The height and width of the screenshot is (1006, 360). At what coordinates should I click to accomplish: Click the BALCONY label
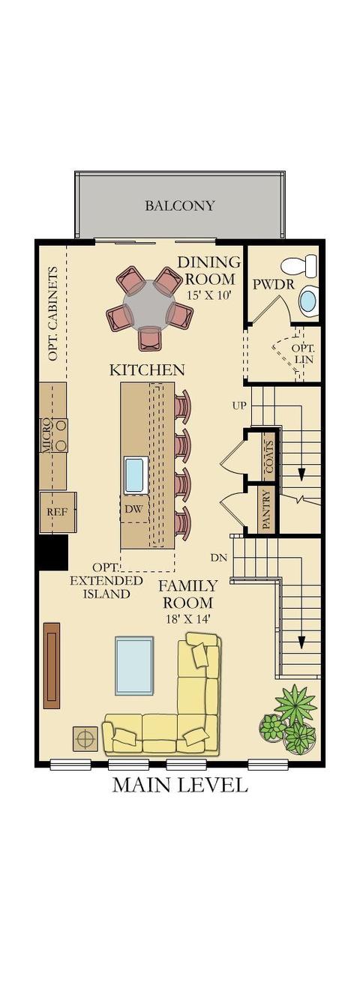tap(180, 205)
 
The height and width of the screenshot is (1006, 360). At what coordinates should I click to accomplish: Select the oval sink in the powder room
tap(307, 301)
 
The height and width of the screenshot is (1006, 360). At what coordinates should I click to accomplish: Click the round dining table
tap(149, 304)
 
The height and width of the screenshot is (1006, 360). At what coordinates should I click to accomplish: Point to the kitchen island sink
tap(136, 475)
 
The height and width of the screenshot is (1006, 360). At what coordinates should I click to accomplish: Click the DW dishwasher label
tap(134, 509)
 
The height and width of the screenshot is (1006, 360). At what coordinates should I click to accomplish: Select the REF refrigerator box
tap(58, 513)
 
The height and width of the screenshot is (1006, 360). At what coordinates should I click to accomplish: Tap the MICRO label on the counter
tap(46, 436)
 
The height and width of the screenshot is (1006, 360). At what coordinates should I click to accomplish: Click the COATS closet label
tap(269, 457)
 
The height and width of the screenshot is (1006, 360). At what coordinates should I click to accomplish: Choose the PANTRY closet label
tap(266, 510)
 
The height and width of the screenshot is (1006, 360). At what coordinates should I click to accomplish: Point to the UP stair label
tap(239, 406)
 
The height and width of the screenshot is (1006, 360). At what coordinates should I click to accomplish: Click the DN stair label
tap(219, 558)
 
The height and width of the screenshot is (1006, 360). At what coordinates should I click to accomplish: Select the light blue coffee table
tap(134, 666)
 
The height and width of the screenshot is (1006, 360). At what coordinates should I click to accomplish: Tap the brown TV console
tap(52, 665)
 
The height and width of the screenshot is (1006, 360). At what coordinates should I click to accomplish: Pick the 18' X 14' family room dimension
tap(188, 619)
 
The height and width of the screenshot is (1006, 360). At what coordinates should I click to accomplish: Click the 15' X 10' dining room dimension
tap(208, 295)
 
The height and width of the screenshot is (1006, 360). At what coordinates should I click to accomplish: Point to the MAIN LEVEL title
tap(180, 784)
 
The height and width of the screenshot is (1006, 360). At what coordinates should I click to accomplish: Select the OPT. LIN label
tap(303, 353)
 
